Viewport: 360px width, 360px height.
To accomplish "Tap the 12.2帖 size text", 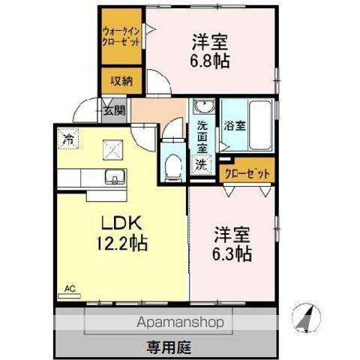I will click(x=120, y=244).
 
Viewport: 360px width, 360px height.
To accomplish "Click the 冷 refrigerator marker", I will click(x=68, y=139).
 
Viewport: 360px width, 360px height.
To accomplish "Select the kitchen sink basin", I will click(x=115, y=178).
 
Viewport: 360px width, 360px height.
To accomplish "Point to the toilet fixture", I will click(x=172, y=165).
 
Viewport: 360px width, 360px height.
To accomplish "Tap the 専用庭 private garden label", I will click(x=166, y=346).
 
